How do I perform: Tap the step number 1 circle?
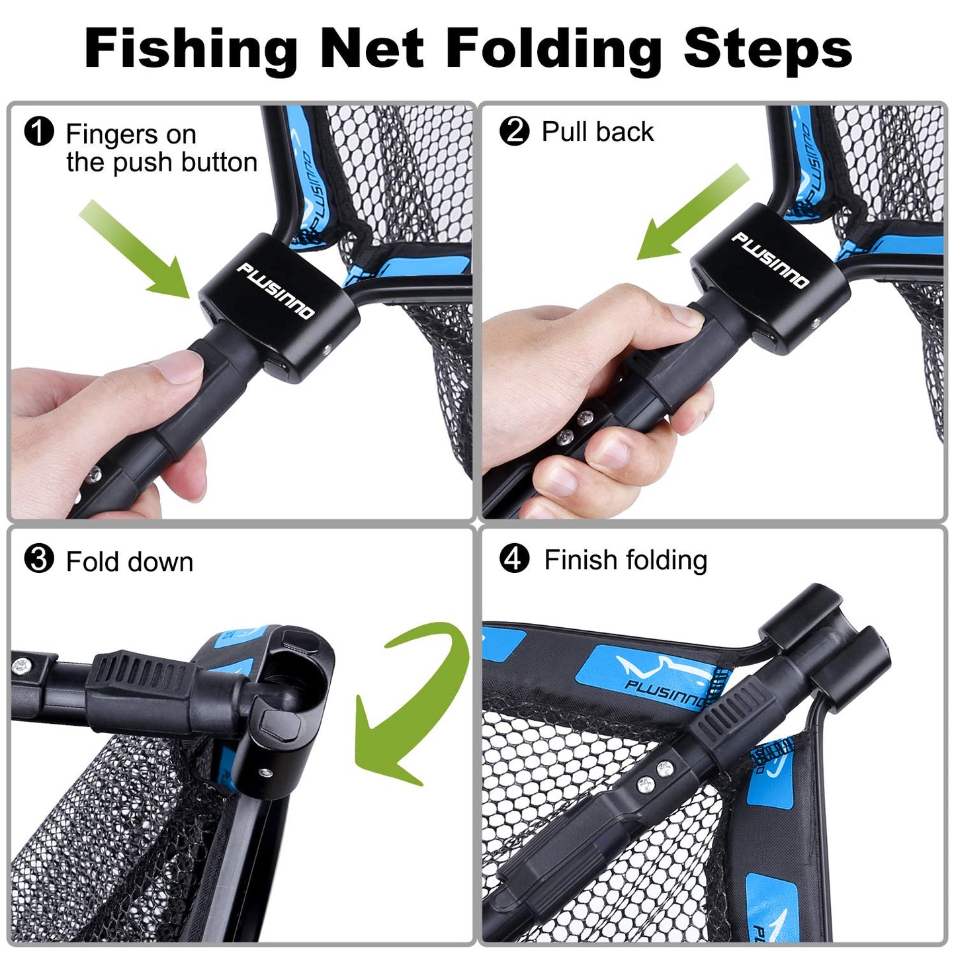tap(38, 131)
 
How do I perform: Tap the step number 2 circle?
tap(514, 131)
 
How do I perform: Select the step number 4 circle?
tap(514, 559)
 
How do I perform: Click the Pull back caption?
tap(597, 132)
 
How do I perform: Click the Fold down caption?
tap(130, 562)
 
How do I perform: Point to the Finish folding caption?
tap(625, 560)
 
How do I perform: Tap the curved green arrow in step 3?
tap(410, 701)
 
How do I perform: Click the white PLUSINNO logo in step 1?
tap(276, 290)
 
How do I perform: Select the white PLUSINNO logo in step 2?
tap(769, 260)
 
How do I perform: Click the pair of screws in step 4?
tap(655, 776)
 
